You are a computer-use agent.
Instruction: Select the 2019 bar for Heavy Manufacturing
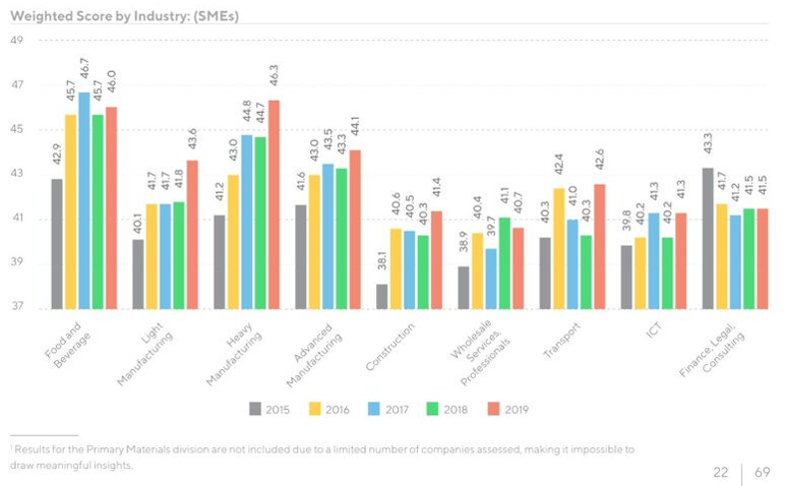pos(274,205)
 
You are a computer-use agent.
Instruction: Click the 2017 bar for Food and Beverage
pos(85,201)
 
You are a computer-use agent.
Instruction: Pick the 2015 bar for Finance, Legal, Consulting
pos(708,239)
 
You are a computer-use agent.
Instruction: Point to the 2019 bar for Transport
pos(598,245)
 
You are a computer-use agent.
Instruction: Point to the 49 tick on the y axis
pos(17,40)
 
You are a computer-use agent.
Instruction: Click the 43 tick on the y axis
pos(17,175)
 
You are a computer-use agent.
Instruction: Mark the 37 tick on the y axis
pos(17,307)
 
